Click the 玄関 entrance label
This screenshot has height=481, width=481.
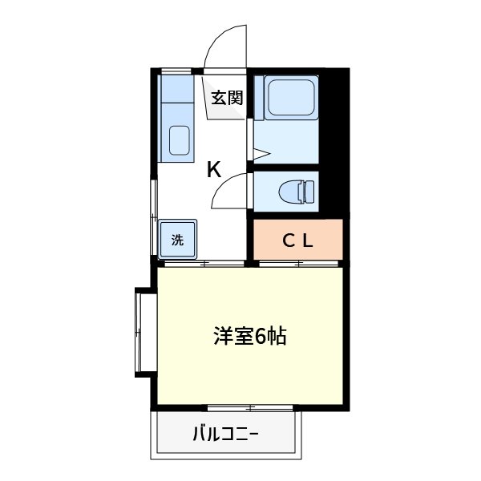(227, 98)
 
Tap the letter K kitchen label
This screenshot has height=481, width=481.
(214, 169)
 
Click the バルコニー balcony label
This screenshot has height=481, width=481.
(225, 435)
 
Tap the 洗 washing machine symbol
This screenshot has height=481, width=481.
(177, 238)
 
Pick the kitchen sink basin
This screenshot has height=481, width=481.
(180, 141)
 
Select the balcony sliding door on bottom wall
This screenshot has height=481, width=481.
(250, 408)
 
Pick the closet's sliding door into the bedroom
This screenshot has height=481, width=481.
(297, 263)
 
